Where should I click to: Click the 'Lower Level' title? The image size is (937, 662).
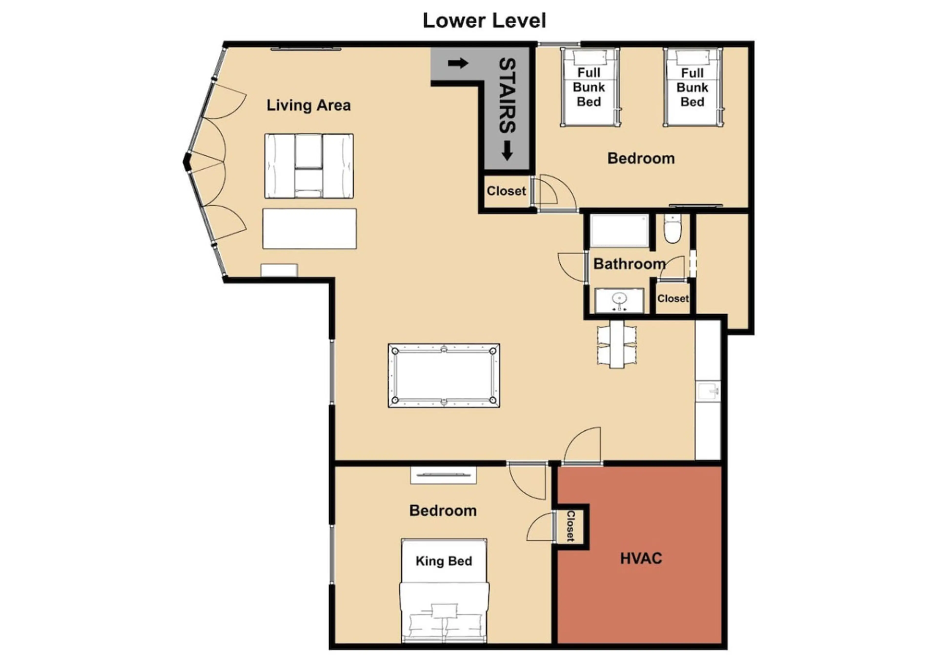(484, 20)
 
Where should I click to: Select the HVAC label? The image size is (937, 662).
(641, 558)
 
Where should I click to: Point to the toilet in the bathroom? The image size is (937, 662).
(671, 229)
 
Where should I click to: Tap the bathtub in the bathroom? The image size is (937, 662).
(619, 231)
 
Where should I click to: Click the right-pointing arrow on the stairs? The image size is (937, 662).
(458, 63)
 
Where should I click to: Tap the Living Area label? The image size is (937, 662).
(308, 105)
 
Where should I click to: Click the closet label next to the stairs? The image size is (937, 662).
(506, 191)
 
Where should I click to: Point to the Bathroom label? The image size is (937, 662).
(629, 264)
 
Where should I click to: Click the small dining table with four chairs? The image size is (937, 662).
(617, 345)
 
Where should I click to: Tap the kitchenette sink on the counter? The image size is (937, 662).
(708, 392)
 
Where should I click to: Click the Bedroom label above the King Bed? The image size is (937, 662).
(443, 511)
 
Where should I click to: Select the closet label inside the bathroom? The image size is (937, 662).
(672, 299)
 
